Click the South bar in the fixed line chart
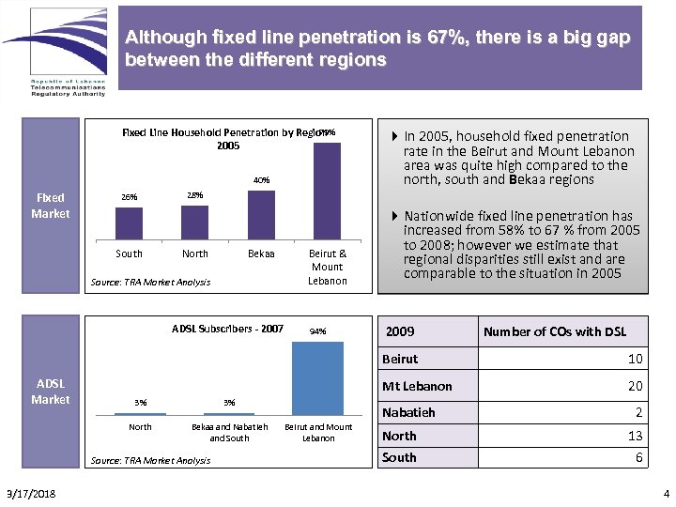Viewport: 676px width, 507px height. pyautogui.click(x=129, y=223)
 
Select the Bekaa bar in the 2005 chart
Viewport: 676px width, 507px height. pyautogui.click(x=261, y=215)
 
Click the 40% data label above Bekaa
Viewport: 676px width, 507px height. pyautogui.click(x=261, y=180)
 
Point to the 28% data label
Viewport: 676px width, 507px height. pyautogui.click(x=194, y=195)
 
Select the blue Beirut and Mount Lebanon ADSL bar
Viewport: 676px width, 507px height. pyautogui.click(x=318, y=377)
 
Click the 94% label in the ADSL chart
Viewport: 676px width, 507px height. pyautogui.click(x=318, y=331)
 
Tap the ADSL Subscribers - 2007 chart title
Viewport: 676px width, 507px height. pyautogui.click(x=227, y=329)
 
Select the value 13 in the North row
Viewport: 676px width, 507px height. pyautogui.click(x=635, y=436)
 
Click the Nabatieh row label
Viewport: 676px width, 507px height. pyautogui.click(x=408, y=412)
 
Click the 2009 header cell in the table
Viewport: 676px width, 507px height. pyautogui.click(x=401, y=331)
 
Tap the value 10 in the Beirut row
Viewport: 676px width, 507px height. pyautogui.click(x=635, y=359)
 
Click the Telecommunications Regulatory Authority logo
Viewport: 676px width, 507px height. pyautogui.click(x=54, y=52)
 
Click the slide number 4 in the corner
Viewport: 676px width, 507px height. pyautogui.click(x=666, y=494)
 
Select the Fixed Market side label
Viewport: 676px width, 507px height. pyautogui.click(x=51, y=206)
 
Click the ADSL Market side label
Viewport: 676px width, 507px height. pyautogui.click(x=51, y=392)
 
